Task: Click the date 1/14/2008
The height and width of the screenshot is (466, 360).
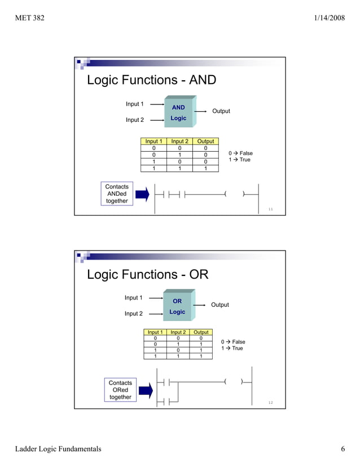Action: pos(329,19)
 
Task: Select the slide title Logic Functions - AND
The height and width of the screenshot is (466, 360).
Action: pos(151,80)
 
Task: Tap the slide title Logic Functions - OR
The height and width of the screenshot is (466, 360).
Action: pos(147,275)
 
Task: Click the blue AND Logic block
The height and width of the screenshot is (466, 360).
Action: pos(178,113)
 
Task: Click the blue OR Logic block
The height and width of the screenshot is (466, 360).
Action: pos(177,306)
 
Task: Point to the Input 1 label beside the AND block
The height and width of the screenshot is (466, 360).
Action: pos(135,104)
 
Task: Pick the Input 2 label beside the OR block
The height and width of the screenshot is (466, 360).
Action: pos(134,314)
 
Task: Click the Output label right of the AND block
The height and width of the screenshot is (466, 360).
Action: pos(221,111)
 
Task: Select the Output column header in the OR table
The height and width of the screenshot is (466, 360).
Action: pos(201,332)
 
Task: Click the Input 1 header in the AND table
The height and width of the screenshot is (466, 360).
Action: pos(153,142)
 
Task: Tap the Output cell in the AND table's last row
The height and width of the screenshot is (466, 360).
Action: pos(205,168)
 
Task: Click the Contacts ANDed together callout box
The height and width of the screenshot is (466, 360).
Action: pos(117,194)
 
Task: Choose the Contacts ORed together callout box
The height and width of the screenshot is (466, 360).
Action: pos(120,390)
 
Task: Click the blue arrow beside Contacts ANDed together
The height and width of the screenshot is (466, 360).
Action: pos(142,194)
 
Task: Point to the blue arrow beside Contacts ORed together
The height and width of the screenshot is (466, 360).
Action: pos(146,390)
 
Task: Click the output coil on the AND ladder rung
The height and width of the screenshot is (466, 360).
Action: pos(234,195)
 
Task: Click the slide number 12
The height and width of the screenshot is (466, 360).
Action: pos(270,403)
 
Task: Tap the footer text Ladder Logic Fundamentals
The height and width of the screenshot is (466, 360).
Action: pos(58,449)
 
